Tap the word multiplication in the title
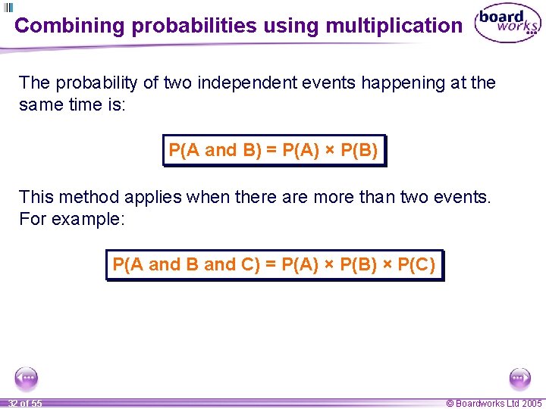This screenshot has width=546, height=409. point(394,26)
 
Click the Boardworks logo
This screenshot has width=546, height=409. point(507,24)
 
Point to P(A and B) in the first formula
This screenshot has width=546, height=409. point(215,150)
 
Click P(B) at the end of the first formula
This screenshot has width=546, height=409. point(359,150)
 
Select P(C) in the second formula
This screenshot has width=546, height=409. point(416,264)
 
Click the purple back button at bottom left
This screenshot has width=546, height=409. point(27,377)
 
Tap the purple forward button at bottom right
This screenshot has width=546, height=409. point(519,377)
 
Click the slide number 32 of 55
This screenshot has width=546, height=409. point(25,404)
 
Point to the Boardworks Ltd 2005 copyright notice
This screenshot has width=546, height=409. point(494,404)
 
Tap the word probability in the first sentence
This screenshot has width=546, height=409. point(104,83)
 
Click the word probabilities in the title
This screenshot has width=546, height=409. point(194,26)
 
